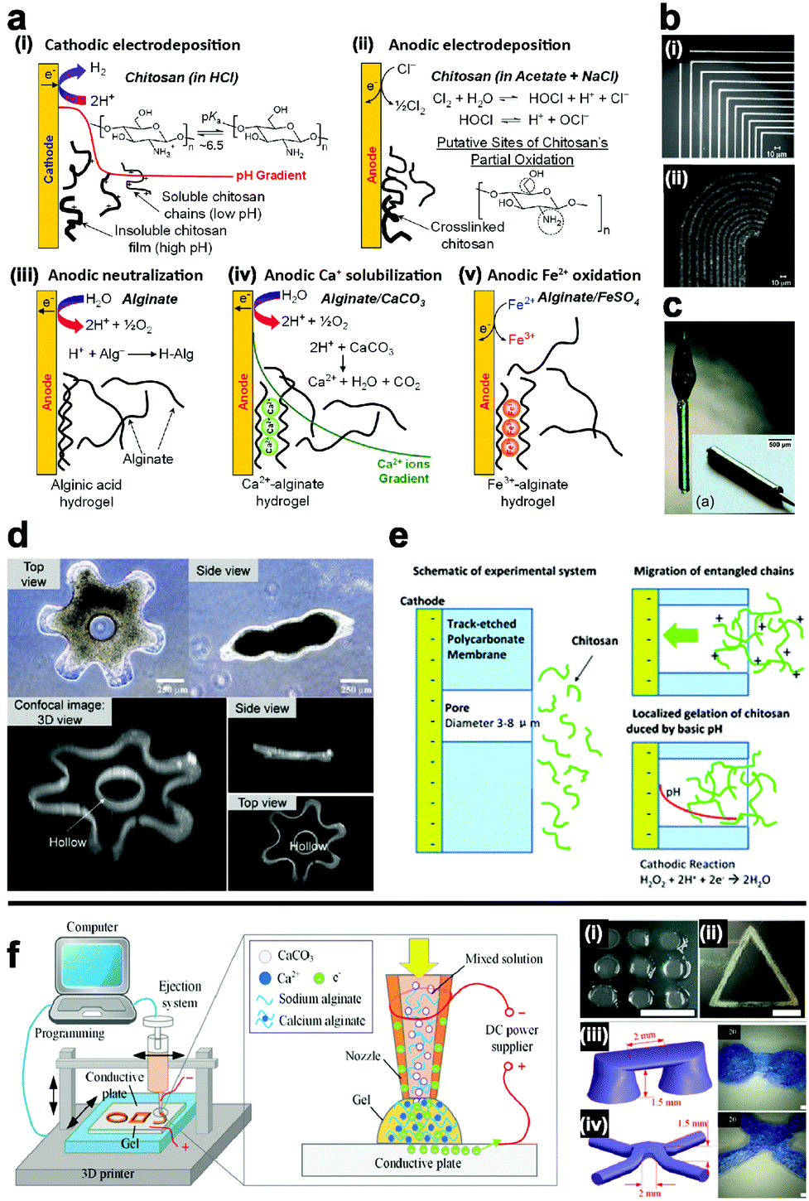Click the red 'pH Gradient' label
click(271, 176)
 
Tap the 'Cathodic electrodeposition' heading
click(142, 45)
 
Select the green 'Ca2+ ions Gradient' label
click(403, 471)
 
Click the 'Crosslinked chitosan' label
click(467, 235)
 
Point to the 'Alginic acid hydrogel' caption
click(86, 493)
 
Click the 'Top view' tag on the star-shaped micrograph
click(34, 574)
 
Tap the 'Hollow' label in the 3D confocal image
click(67, 842)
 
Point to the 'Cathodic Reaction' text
click(686, 864)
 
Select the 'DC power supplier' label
click(512, 1038)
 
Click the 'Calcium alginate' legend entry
click(321, 1020)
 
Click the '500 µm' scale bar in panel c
click(779, 446)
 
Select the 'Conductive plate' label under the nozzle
click(418, 1163)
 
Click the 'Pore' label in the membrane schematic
click(457, 708)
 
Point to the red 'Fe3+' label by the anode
click(522, 339)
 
